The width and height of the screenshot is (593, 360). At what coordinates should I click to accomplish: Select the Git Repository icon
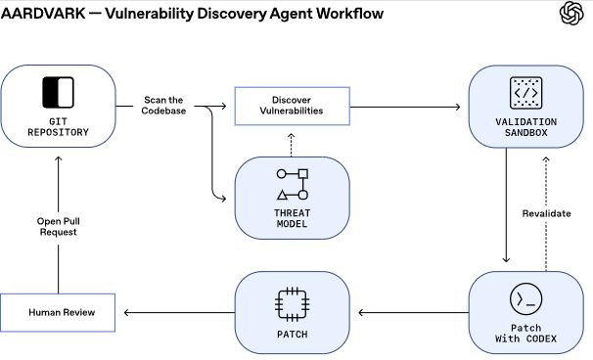(x=58, y=92)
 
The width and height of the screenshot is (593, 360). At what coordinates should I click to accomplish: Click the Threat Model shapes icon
(x=292, y=184)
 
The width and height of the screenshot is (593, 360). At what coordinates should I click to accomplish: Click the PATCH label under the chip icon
(x=292, y=335)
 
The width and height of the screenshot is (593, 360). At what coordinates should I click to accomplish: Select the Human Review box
(x=59, y=313)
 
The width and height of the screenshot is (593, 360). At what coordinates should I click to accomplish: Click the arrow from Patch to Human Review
(x=176, y=313)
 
